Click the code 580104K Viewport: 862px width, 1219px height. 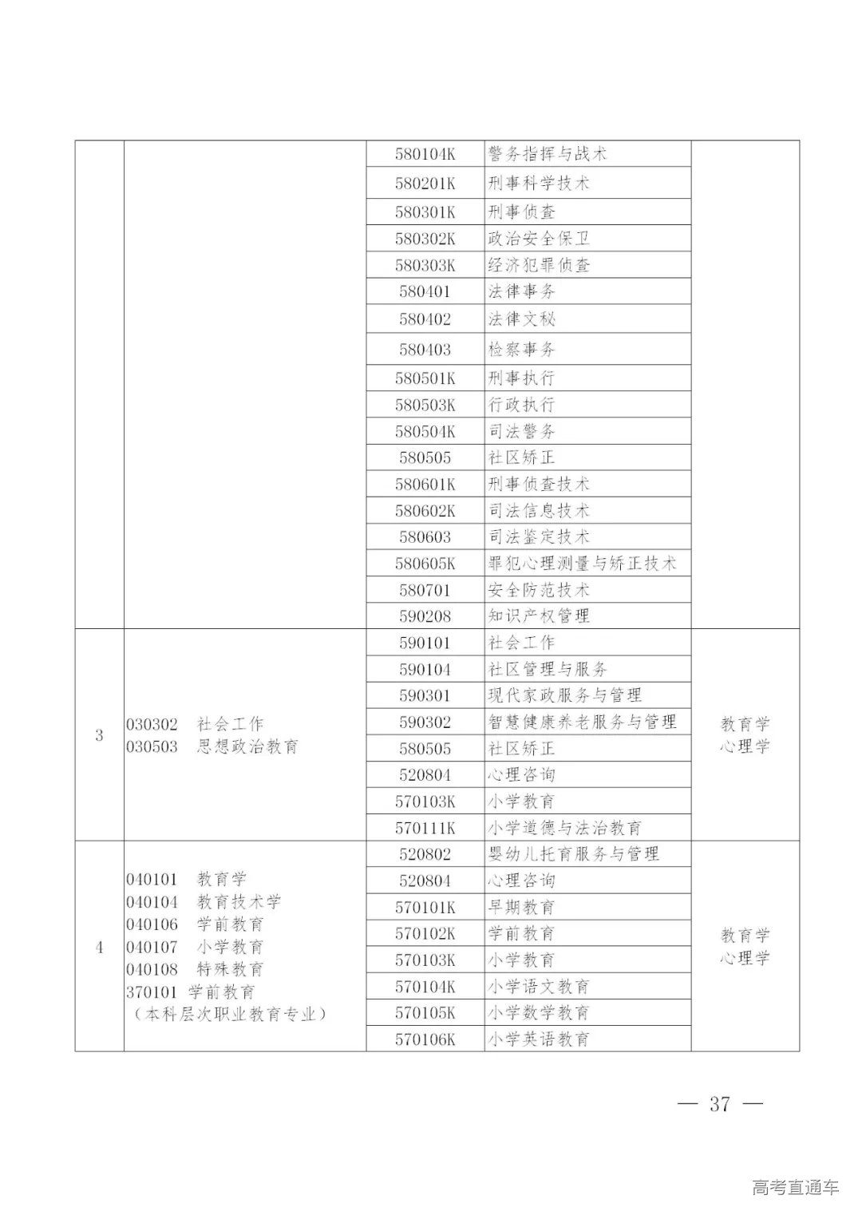point(425,154)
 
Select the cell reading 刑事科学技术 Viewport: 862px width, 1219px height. point(539,184)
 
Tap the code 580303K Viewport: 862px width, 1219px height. point(425,265)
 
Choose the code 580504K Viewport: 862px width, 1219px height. point(425,432)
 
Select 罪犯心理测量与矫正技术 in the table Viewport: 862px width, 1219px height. point(582,564)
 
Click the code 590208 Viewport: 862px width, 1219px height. point(425,616)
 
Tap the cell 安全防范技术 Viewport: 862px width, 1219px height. point(539,590)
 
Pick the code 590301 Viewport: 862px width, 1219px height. point(425,695)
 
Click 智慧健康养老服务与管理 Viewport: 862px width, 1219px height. point(582,722)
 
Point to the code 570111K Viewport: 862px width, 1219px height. point(425,828)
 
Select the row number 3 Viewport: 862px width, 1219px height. point(99,735)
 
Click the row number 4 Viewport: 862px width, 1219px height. point(99,948)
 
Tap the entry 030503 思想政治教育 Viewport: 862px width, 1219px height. point(212,747)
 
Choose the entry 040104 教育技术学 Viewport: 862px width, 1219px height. point(204,902)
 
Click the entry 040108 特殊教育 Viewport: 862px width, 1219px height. point(195,970)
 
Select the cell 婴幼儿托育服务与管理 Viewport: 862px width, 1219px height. point(573,854)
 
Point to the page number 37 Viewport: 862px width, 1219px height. point(719,1104)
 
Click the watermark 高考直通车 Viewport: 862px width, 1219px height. point(795,1187)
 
